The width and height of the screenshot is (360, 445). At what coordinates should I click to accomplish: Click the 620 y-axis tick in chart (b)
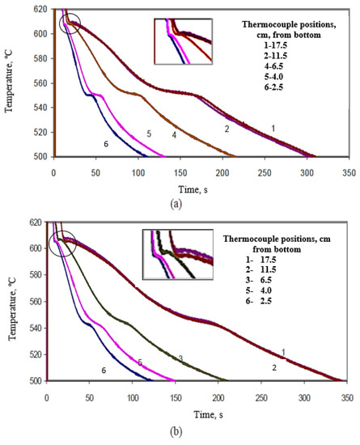pos(33,222)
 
